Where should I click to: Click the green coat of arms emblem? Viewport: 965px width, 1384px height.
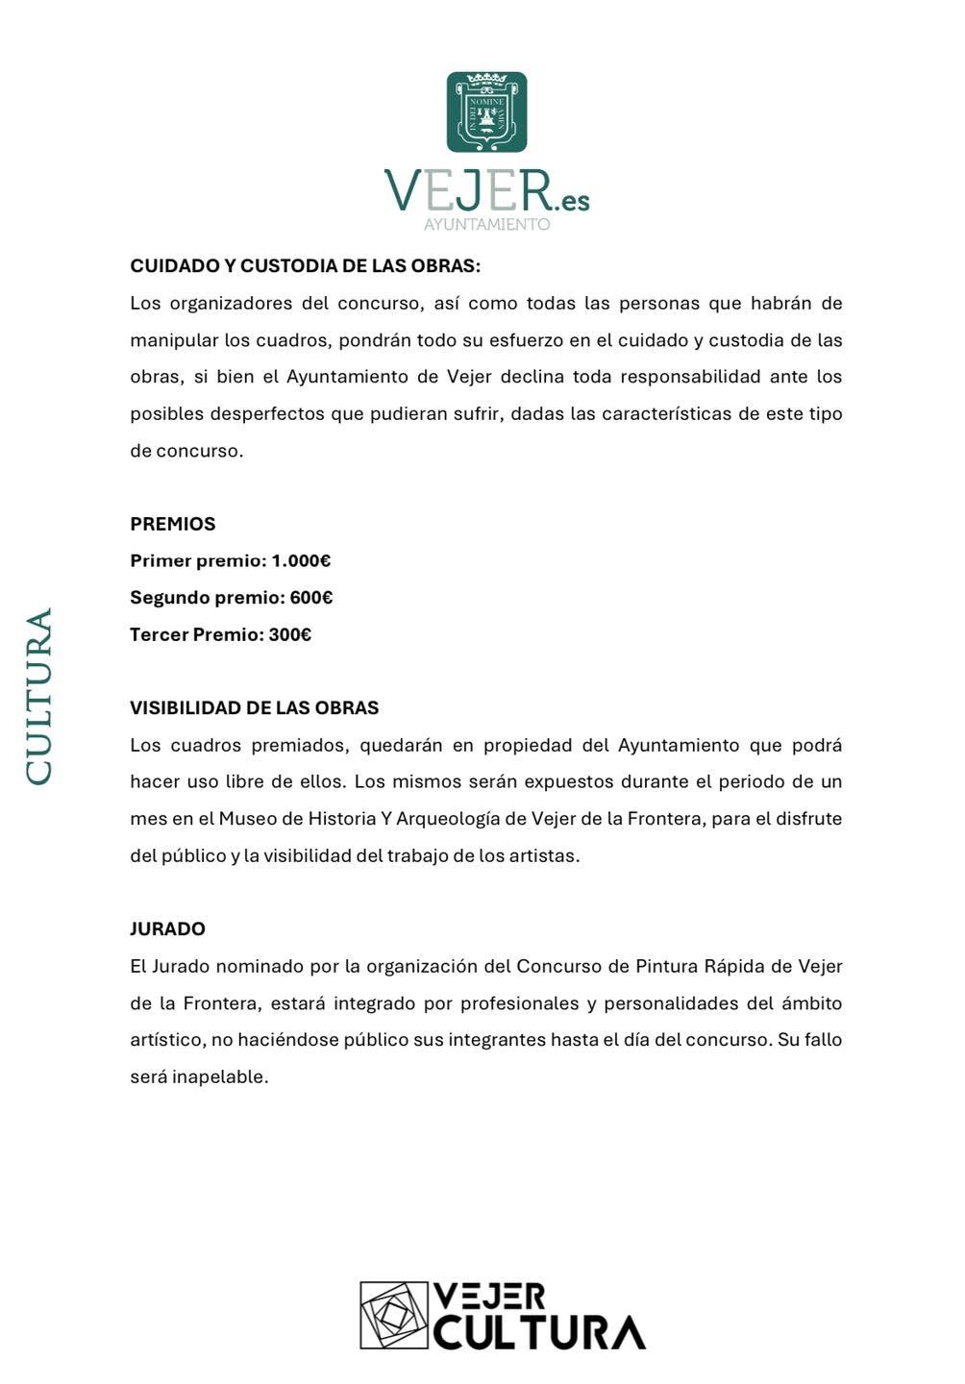point(486,111)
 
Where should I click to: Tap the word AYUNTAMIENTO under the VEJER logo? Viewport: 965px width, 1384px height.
point(486,224)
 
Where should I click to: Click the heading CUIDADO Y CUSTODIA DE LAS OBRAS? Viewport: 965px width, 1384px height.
point(305,266)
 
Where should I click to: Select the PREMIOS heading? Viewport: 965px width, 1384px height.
point(173,524)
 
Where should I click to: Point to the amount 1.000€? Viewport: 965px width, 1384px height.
point(301,561)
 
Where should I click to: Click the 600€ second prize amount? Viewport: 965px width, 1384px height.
point(311,598)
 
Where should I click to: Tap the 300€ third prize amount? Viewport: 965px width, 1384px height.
point(290,634)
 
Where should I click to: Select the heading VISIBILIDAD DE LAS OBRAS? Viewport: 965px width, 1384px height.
point(255,708)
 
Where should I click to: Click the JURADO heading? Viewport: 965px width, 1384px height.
point(167,929)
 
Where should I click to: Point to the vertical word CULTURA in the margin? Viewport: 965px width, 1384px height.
point(39,696)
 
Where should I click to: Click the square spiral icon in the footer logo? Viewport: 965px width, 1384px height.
point(394,1314)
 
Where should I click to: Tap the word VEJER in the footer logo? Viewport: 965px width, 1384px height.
point(489,1296)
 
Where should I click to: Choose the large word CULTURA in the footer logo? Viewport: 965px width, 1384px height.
point(539,1332)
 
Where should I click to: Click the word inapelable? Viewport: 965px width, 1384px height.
point(219,1077)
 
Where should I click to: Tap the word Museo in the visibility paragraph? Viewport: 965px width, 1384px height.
point(245,819)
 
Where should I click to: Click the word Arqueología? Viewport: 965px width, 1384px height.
point(448,819)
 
